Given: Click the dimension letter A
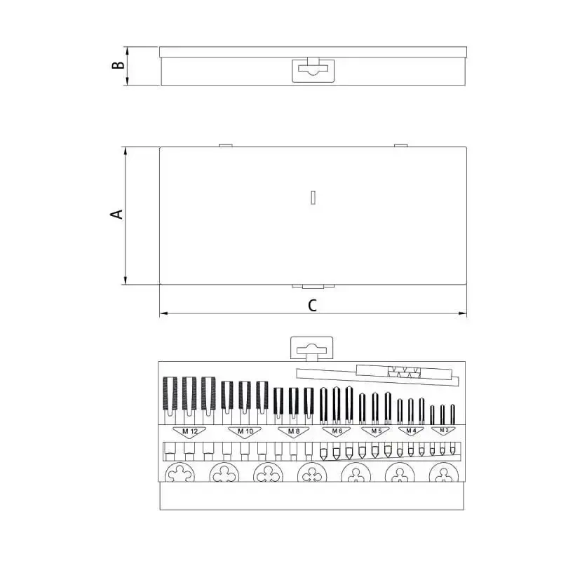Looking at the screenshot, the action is click(116, 215).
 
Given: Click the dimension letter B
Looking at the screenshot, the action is click(118, 65).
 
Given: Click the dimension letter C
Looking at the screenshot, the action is click(312, 306).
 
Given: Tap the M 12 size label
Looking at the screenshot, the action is click(189, 431).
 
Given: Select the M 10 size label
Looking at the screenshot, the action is click(245, 431).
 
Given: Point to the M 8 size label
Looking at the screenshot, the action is click(294, 431).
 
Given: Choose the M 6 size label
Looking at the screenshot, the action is click(337, 431).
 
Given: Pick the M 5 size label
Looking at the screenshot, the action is click(377, 431).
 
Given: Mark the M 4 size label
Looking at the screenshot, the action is click(411, 431).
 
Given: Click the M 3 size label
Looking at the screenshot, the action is click(444, 430).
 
